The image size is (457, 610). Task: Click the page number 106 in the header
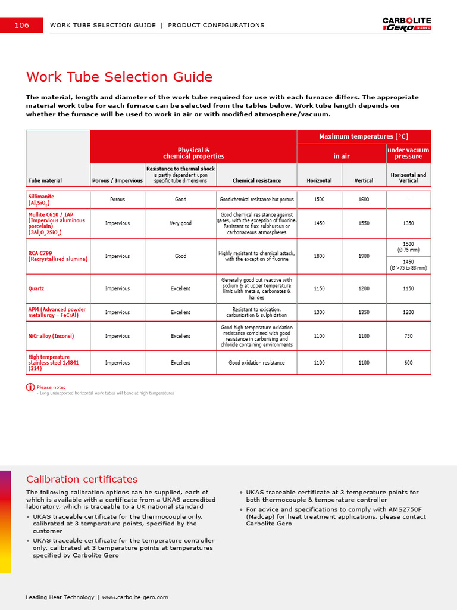coord(21,25)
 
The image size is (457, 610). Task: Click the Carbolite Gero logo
coord(406,24)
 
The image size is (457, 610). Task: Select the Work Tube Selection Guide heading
coord(119,77)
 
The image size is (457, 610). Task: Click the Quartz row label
coord(36,288)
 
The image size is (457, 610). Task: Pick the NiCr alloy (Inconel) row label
coord(51,336)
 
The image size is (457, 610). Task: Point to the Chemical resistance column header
coord(256,180)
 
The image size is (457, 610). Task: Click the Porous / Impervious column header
coord(117,180)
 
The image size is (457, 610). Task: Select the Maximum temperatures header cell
coord(364,136)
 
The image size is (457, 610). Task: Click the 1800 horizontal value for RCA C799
coord(320,256)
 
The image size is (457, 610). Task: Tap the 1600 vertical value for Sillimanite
coord(364,200)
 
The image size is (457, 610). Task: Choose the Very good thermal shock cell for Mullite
coord(180,223)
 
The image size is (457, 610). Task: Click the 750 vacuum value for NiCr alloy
coord(408,336)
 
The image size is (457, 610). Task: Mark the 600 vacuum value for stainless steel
coord(408,363)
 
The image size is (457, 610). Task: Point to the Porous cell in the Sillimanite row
coord(117,200)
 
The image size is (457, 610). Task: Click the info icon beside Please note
coord(30,387)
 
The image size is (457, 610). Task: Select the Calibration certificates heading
coord(82,479)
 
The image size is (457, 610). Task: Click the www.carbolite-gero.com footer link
coord(135,597)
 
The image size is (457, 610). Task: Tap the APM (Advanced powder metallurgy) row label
coord(57,312)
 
